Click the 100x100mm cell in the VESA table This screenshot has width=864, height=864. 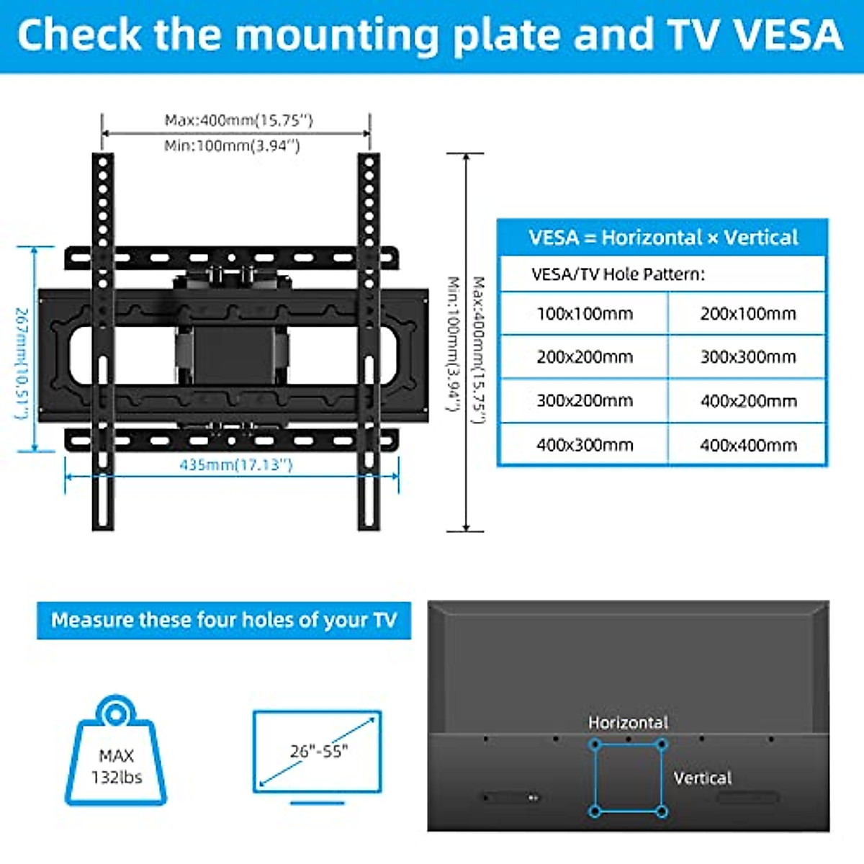(585, 314)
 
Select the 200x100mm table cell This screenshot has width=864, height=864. (748, 314)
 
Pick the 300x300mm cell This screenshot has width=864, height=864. (748, 357)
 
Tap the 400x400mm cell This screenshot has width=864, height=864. (748, 446)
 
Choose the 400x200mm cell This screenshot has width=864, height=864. (748, 401)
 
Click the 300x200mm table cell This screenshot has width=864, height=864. (585, 401)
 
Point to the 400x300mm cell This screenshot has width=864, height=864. (585, 446)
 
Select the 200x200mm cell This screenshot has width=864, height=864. (585, 357)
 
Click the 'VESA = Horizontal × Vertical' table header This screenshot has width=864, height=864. (662, 238)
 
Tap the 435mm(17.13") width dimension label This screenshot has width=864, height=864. (236, 465)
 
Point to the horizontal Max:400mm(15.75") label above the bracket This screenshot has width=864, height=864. (238, 120)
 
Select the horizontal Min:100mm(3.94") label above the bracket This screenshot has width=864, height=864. (231, 145)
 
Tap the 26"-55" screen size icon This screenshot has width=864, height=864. (318, 752)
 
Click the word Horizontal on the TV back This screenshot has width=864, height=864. (628, 722)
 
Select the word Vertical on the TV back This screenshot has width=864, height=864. (702, 778)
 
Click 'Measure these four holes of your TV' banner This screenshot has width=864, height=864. (224, 621)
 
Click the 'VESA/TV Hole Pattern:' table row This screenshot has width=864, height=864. (618, 274)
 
